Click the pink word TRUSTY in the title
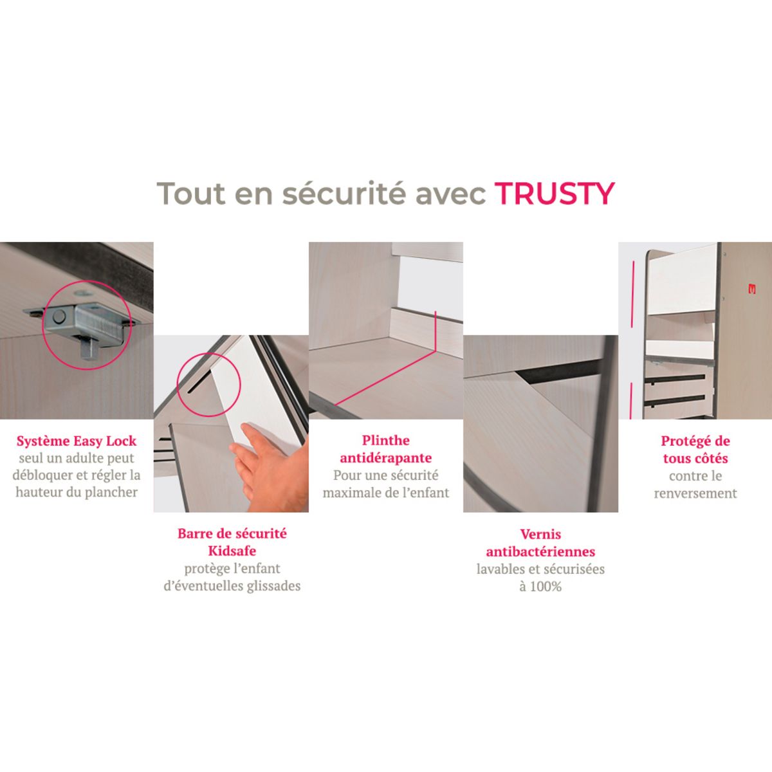[555, 193]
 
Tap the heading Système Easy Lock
[77, 441]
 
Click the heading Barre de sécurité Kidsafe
[232, 542]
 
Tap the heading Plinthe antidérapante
[385, 449]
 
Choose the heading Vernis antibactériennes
[540, 543]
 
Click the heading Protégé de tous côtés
[695, 450]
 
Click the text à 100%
[540, 587]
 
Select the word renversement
[695, 493]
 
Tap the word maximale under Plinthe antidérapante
[351, 493]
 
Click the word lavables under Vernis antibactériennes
[500, 569]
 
